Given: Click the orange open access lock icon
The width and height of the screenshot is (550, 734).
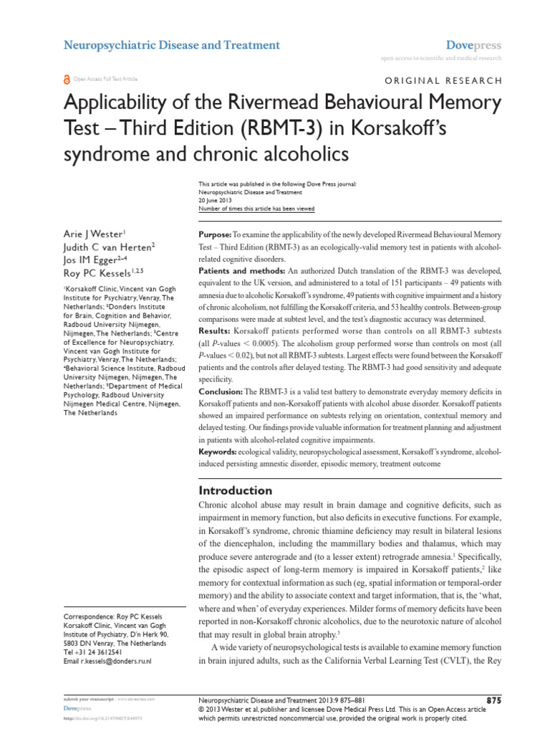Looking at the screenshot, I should click(x=68, y=80).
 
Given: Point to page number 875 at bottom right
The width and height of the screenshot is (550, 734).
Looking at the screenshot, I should click(x=493, y=700).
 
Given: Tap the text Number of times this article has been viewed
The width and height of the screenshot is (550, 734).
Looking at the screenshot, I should click(x=255, y=209).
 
